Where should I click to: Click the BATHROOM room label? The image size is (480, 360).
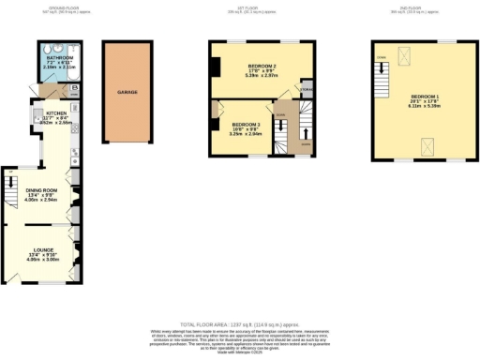(x=59, y=58)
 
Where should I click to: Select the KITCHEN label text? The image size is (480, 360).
(x=58, y=111)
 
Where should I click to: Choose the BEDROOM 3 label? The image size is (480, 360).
(x=246, y=125)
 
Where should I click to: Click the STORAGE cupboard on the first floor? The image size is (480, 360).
(x=307, y=90)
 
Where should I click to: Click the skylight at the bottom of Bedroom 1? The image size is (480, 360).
(x=427, y=142)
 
